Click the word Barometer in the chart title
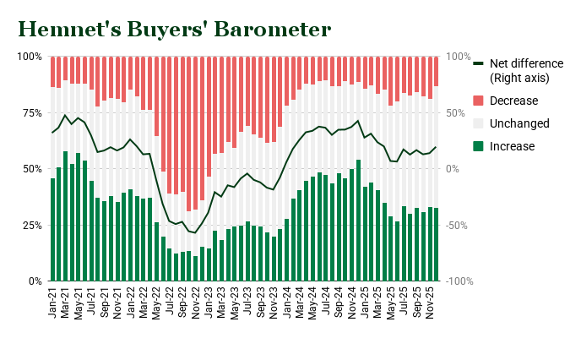click(272, 29)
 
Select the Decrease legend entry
click(513, 101)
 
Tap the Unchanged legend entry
click(519, 123)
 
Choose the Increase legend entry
click(513, 146)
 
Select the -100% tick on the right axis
click(462, 281)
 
